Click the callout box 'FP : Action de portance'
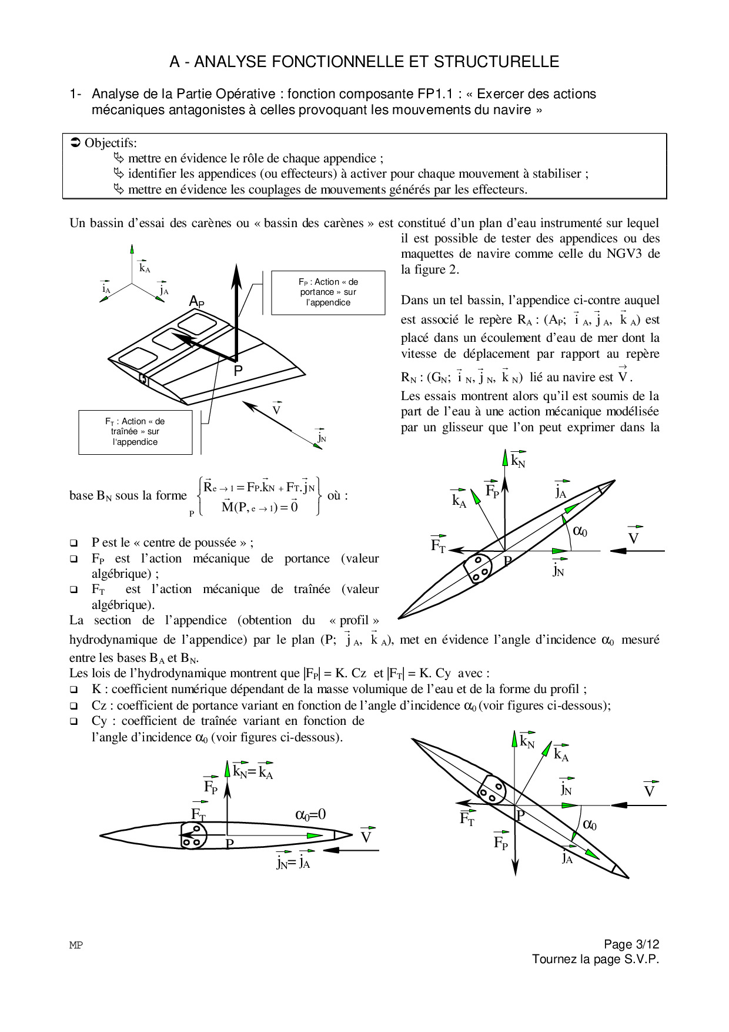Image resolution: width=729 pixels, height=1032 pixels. (x=328, y=292)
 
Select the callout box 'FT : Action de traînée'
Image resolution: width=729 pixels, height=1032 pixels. (x=135, y=432)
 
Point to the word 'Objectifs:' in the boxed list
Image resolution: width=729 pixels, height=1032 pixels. (x=111, y=143)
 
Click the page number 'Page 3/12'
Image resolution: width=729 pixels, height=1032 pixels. (x=631, y=944)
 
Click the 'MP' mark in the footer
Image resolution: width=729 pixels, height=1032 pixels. (x=76, y=946)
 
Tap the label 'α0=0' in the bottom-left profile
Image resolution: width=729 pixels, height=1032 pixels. (x=310, y=814)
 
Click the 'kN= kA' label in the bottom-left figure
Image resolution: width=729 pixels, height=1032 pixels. (x=253, y=772)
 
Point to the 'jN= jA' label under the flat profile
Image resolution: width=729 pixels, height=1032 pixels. (x=293, y=863)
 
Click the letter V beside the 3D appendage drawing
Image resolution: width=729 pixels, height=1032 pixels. (x=276, y=408)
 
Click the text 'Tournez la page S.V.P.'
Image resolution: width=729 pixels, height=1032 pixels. (x=596, y=960)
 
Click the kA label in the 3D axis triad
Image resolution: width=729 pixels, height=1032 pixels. (x=144, y=268)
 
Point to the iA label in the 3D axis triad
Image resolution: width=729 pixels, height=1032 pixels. (x=106, y=288)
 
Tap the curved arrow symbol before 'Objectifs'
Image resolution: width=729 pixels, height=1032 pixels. (x=75, y=143)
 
